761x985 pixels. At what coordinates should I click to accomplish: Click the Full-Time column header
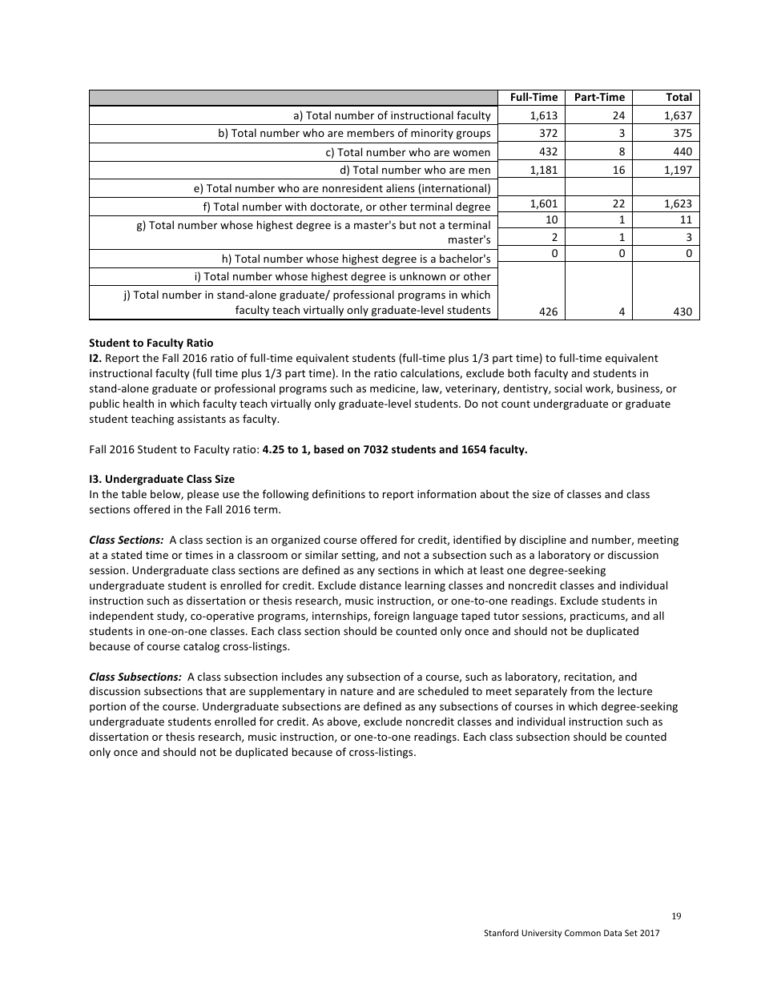534,97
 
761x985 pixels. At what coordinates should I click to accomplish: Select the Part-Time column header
599,97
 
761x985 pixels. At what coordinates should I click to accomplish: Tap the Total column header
678,97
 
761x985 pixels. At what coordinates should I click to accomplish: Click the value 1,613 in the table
544,115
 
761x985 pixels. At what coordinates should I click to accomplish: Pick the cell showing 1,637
678,115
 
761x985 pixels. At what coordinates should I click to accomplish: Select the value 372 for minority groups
548,133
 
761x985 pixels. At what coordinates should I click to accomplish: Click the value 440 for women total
682,151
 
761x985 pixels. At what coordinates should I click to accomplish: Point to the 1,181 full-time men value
544,169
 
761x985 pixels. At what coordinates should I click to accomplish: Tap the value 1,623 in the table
678,203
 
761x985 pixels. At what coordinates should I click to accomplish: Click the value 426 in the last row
548,312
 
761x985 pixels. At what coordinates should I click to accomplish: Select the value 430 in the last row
682,312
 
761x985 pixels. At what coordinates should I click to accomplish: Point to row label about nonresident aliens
342,188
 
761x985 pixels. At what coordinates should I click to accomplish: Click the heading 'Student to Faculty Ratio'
151,344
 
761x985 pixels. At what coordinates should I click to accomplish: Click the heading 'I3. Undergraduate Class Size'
161,480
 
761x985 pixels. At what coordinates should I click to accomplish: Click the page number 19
676,916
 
